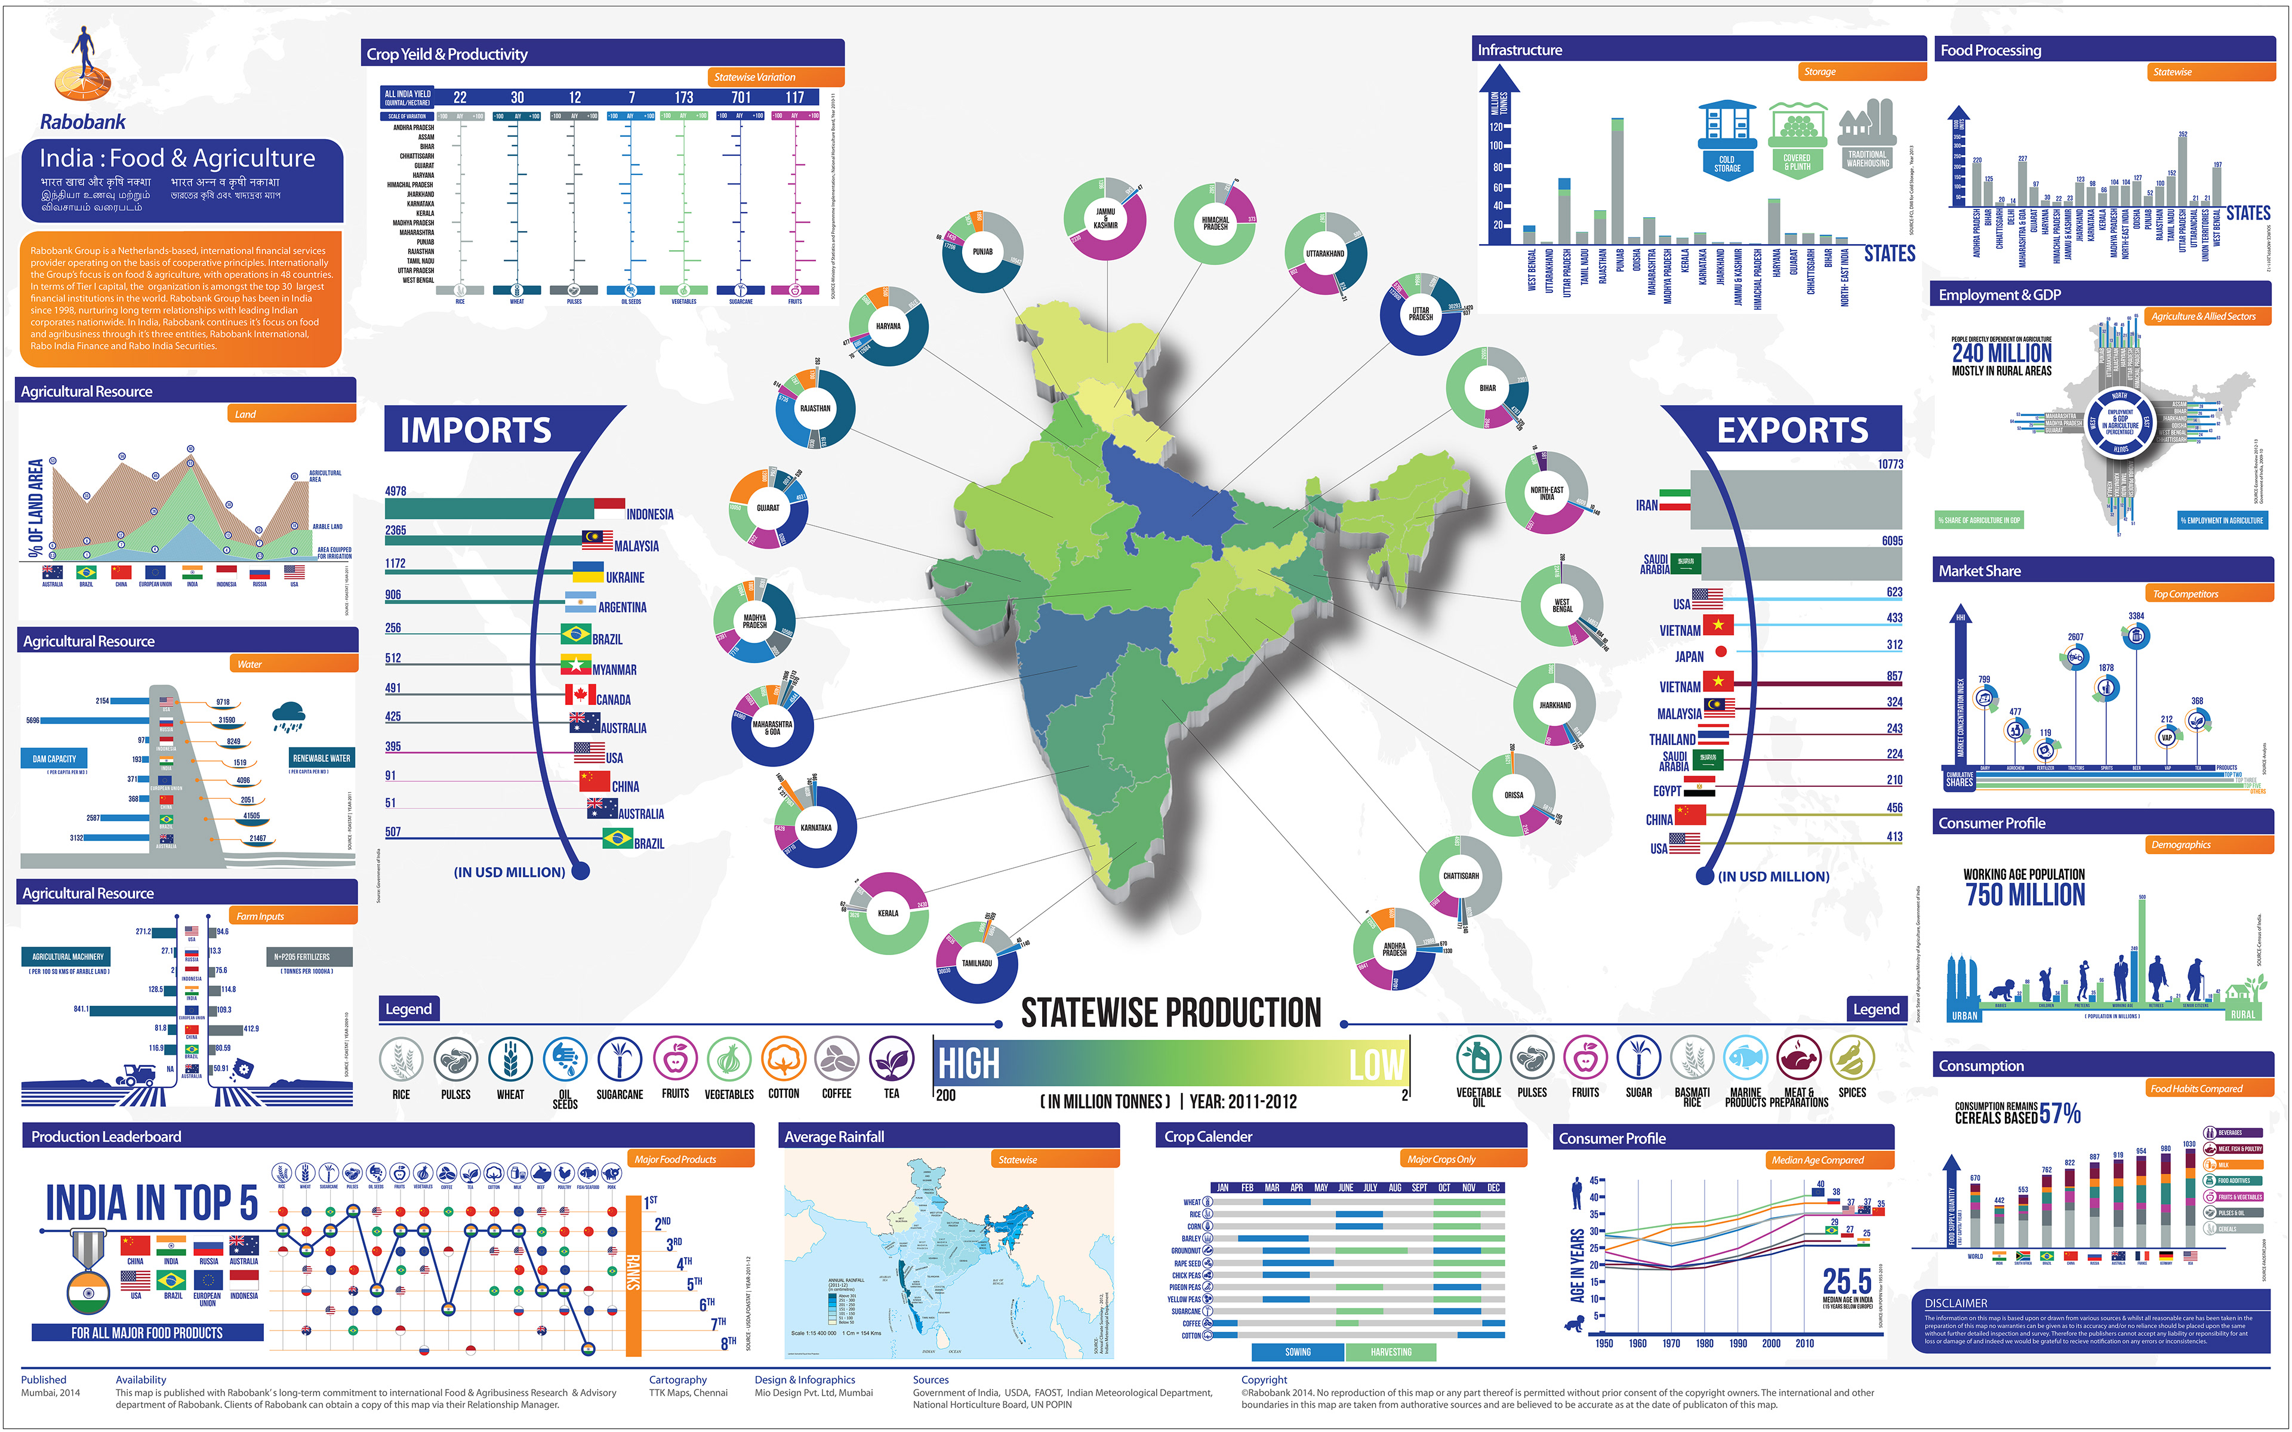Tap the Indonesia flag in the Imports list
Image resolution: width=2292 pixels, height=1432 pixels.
(x=609, y=509)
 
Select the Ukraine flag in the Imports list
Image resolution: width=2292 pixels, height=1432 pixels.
(x=588, y=572)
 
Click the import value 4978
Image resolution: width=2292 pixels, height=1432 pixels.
(x=396, y=491)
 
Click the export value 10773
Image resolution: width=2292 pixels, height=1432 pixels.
(x=1890, y=464)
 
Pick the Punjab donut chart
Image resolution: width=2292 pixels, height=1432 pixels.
(x=982, y=252)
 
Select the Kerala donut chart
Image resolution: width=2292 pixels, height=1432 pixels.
(x=888, y=913)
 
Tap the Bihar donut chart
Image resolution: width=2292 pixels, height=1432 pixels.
(x=1487, y=387)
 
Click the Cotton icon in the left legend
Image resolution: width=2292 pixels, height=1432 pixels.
(x=783, y=1060)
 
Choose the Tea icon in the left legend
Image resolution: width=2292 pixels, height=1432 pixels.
(x=891, y=1060)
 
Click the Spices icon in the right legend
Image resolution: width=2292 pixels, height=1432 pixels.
(x=1852, y=1059)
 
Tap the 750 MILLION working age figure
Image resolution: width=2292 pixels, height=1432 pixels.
(x=2025, y=895)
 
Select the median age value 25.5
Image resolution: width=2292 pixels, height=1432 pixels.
(x=1846, y=1282)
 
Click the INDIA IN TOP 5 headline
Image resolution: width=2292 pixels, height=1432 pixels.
(x=152, y=1203)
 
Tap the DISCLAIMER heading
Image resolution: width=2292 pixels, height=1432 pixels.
(x=1956, y=1303)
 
